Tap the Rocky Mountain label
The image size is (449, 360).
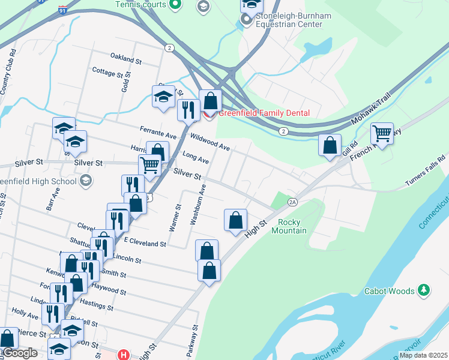click(x=292, y=226)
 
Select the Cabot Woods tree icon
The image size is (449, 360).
click(x=424, y=291)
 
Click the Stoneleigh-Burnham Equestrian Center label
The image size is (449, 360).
click(x=289, y=20)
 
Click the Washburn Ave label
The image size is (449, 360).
click(x=199, y=205)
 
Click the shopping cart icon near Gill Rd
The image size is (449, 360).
click(x=382, y=133)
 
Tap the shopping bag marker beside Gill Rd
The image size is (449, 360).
click(x=330, y=145)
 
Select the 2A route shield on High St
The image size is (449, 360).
click(x=292, y=202)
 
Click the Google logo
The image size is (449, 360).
click(x=20, y=353)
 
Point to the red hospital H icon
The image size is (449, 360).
click(x=124, y=354)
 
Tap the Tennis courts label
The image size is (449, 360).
click(x=141, y=5)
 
